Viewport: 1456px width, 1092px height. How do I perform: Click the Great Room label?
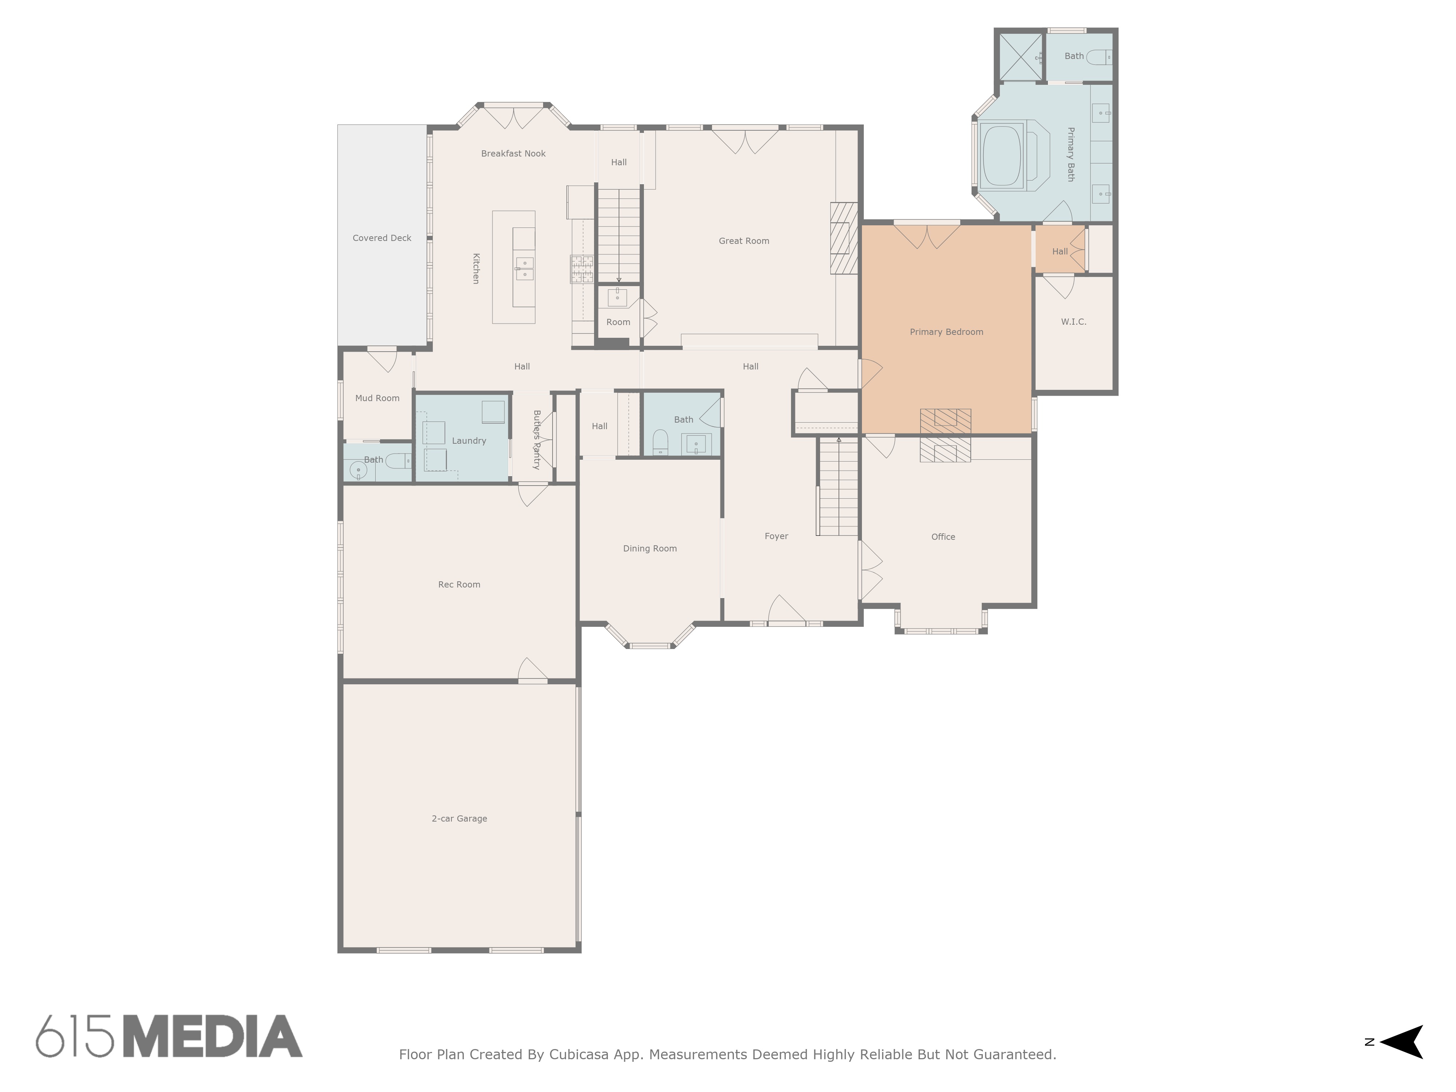coord(744,241)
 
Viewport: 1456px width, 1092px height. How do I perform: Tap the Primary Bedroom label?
coord(946,332)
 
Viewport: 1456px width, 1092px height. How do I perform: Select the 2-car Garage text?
coord(459,818)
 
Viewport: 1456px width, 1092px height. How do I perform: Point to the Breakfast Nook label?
coord(513,153)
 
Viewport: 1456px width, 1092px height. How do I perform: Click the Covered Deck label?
coord(382,238)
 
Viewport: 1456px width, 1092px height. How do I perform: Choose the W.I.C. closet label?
coord(1073,322)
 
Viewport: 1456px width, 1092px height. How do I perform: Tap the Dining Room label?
coord(650,548)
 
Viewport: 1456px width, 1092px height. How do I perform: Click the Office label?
coord(943,537)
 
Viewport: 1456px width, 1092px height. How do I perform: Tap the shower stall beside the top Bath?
coord(1020,57)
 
